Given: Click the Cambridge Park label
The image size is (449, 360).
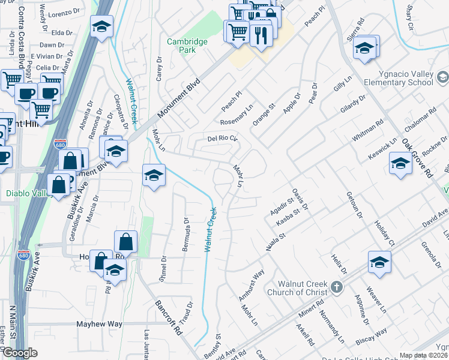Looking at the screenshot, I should [187, 46].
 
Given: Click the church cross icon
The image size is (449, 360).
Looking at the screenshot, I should [336, 287].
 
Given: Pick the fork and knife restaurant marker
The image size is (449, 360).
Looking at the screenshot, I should [261, 34].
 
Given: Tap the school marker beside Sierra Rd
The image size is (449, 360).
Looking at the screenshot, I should [364, 49].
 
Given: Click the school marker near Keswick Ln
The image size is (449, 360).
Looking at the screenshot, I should [400, 163].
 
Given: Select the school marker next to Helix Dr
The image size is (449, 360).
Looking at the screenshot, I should [379, 262].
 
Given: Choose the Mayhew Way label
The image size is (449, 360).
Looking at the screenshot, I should [99, 324].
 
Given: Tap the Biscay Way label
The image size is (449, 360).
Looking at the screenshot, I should [373, 339].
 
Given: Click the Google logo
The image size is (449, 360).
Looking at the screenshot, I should [20, 353].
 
